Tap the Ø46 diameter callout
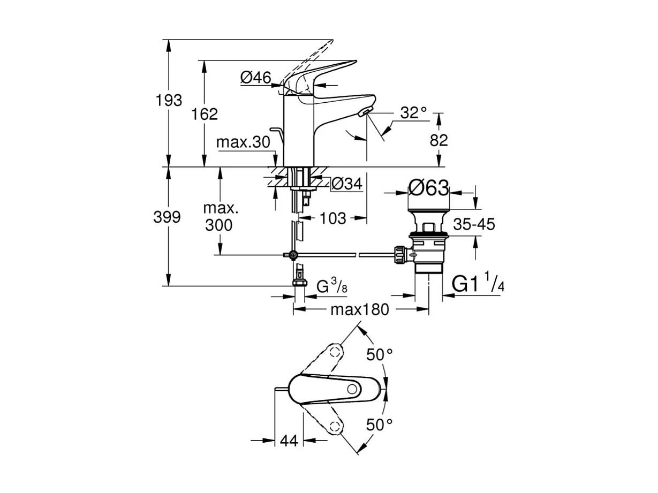point(256,78)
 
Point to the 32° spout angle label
point(414,113)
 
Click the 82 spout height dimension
point(438,140)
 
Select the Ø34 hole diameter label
point(347,184)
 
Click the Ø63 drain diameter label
point(428,187)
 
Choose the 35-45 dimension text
point(474,224)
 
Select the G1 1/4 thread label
point(478,284)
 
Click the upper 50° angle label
point(380,354)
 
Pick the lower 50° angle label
point(380,425)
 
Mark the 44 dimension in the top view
point(289,441)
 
